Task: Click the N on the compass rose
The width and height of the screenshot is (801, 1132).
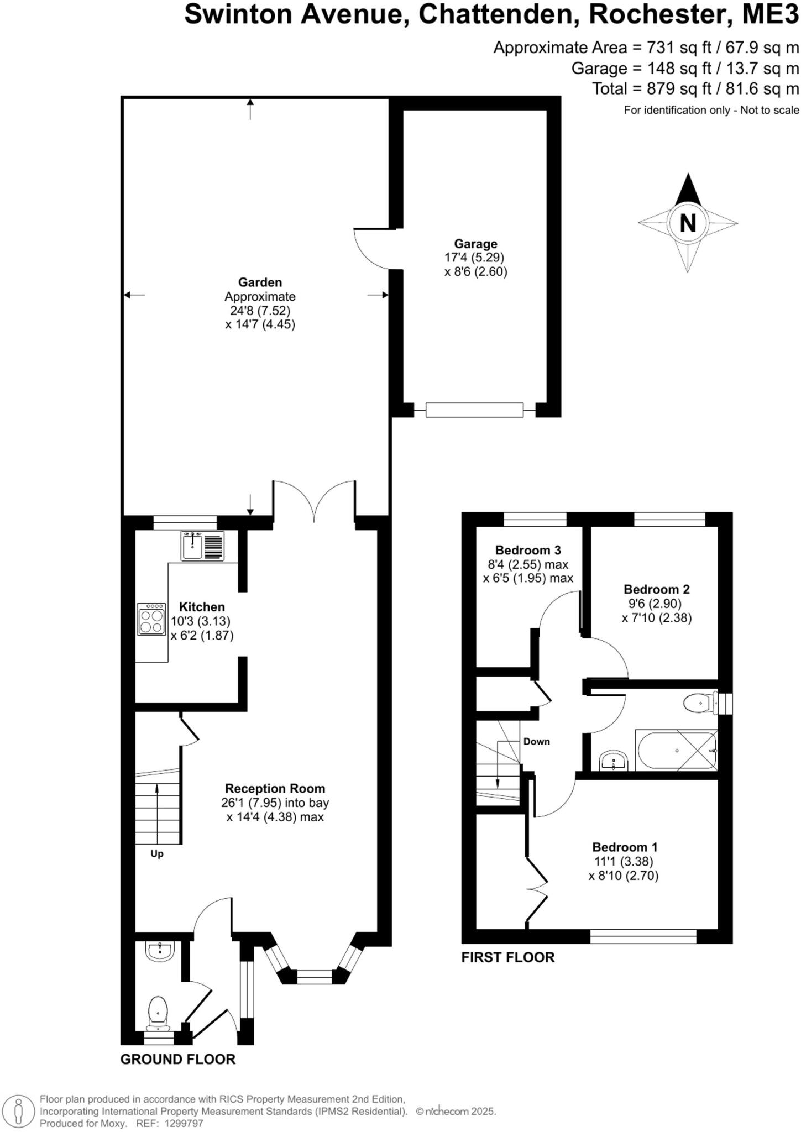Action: (687, 223)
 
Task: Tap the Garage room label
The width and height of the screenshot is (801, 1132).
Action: (475, 244)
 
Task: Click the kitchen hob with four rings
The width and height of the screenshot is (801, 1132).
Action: (151, 619)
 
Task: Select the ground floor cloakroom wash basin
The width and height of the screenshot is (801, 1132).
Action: (160, 951)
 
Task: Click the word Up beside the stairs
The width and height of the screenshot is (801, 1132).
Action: (157, 854)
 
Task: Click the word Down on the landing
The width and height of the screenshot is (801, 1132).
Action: (537, 742)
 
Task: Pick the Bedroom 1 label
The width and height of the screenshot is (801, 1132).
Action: (625, 847)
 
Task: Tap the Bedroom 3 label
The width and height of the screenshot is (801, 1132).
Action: (528, 550)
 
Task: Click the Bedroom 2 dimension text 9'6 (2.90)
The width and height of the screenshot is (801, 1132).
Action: (657, 604)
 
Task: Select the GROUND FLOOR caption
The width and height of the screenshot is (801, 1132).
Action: (178, 1059)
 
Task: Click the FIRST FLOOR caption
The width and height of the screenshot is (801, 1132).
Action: (507, 957)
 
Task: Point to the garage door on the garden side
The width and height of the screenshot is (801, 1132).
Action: (374, 249)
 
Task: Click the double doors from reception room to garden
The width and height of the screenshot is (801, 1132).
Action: (314, 502)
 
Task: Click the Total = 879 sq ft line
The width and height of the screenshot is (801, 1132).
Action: (695, 88)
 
